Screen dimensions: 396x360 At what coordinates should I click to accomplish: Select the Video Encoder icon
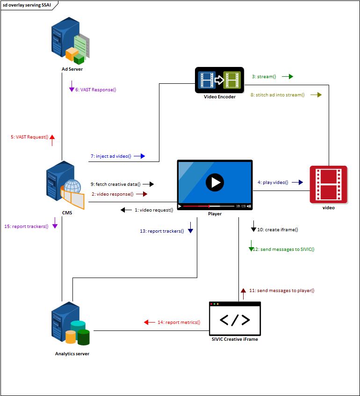[x=219, y=79]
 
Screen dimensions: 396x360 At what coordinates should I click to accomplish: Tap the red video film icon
[x=328, y=184]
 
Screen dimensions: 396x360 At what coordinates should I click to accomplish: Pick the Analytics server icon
[x=70, y=326]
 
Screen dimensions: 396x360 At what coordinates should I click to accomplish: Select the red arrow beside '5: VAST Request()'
[x=52, y=137]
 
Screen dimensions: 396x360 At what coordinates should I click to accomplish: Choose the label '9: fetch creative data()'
[x=115, y=184]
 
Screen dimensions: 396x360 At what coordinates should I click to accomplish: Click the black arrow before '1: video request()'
[x=126, y=210]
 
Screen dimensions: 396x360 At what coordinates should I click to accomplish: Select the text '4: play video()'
[x=273, y=182]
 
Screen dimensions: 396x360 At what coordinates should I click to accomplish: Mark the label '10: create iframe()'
[x=278, y=230]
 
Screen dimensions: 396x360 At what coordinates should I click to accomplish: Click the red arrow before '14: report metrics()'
[x=149, y=322]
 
